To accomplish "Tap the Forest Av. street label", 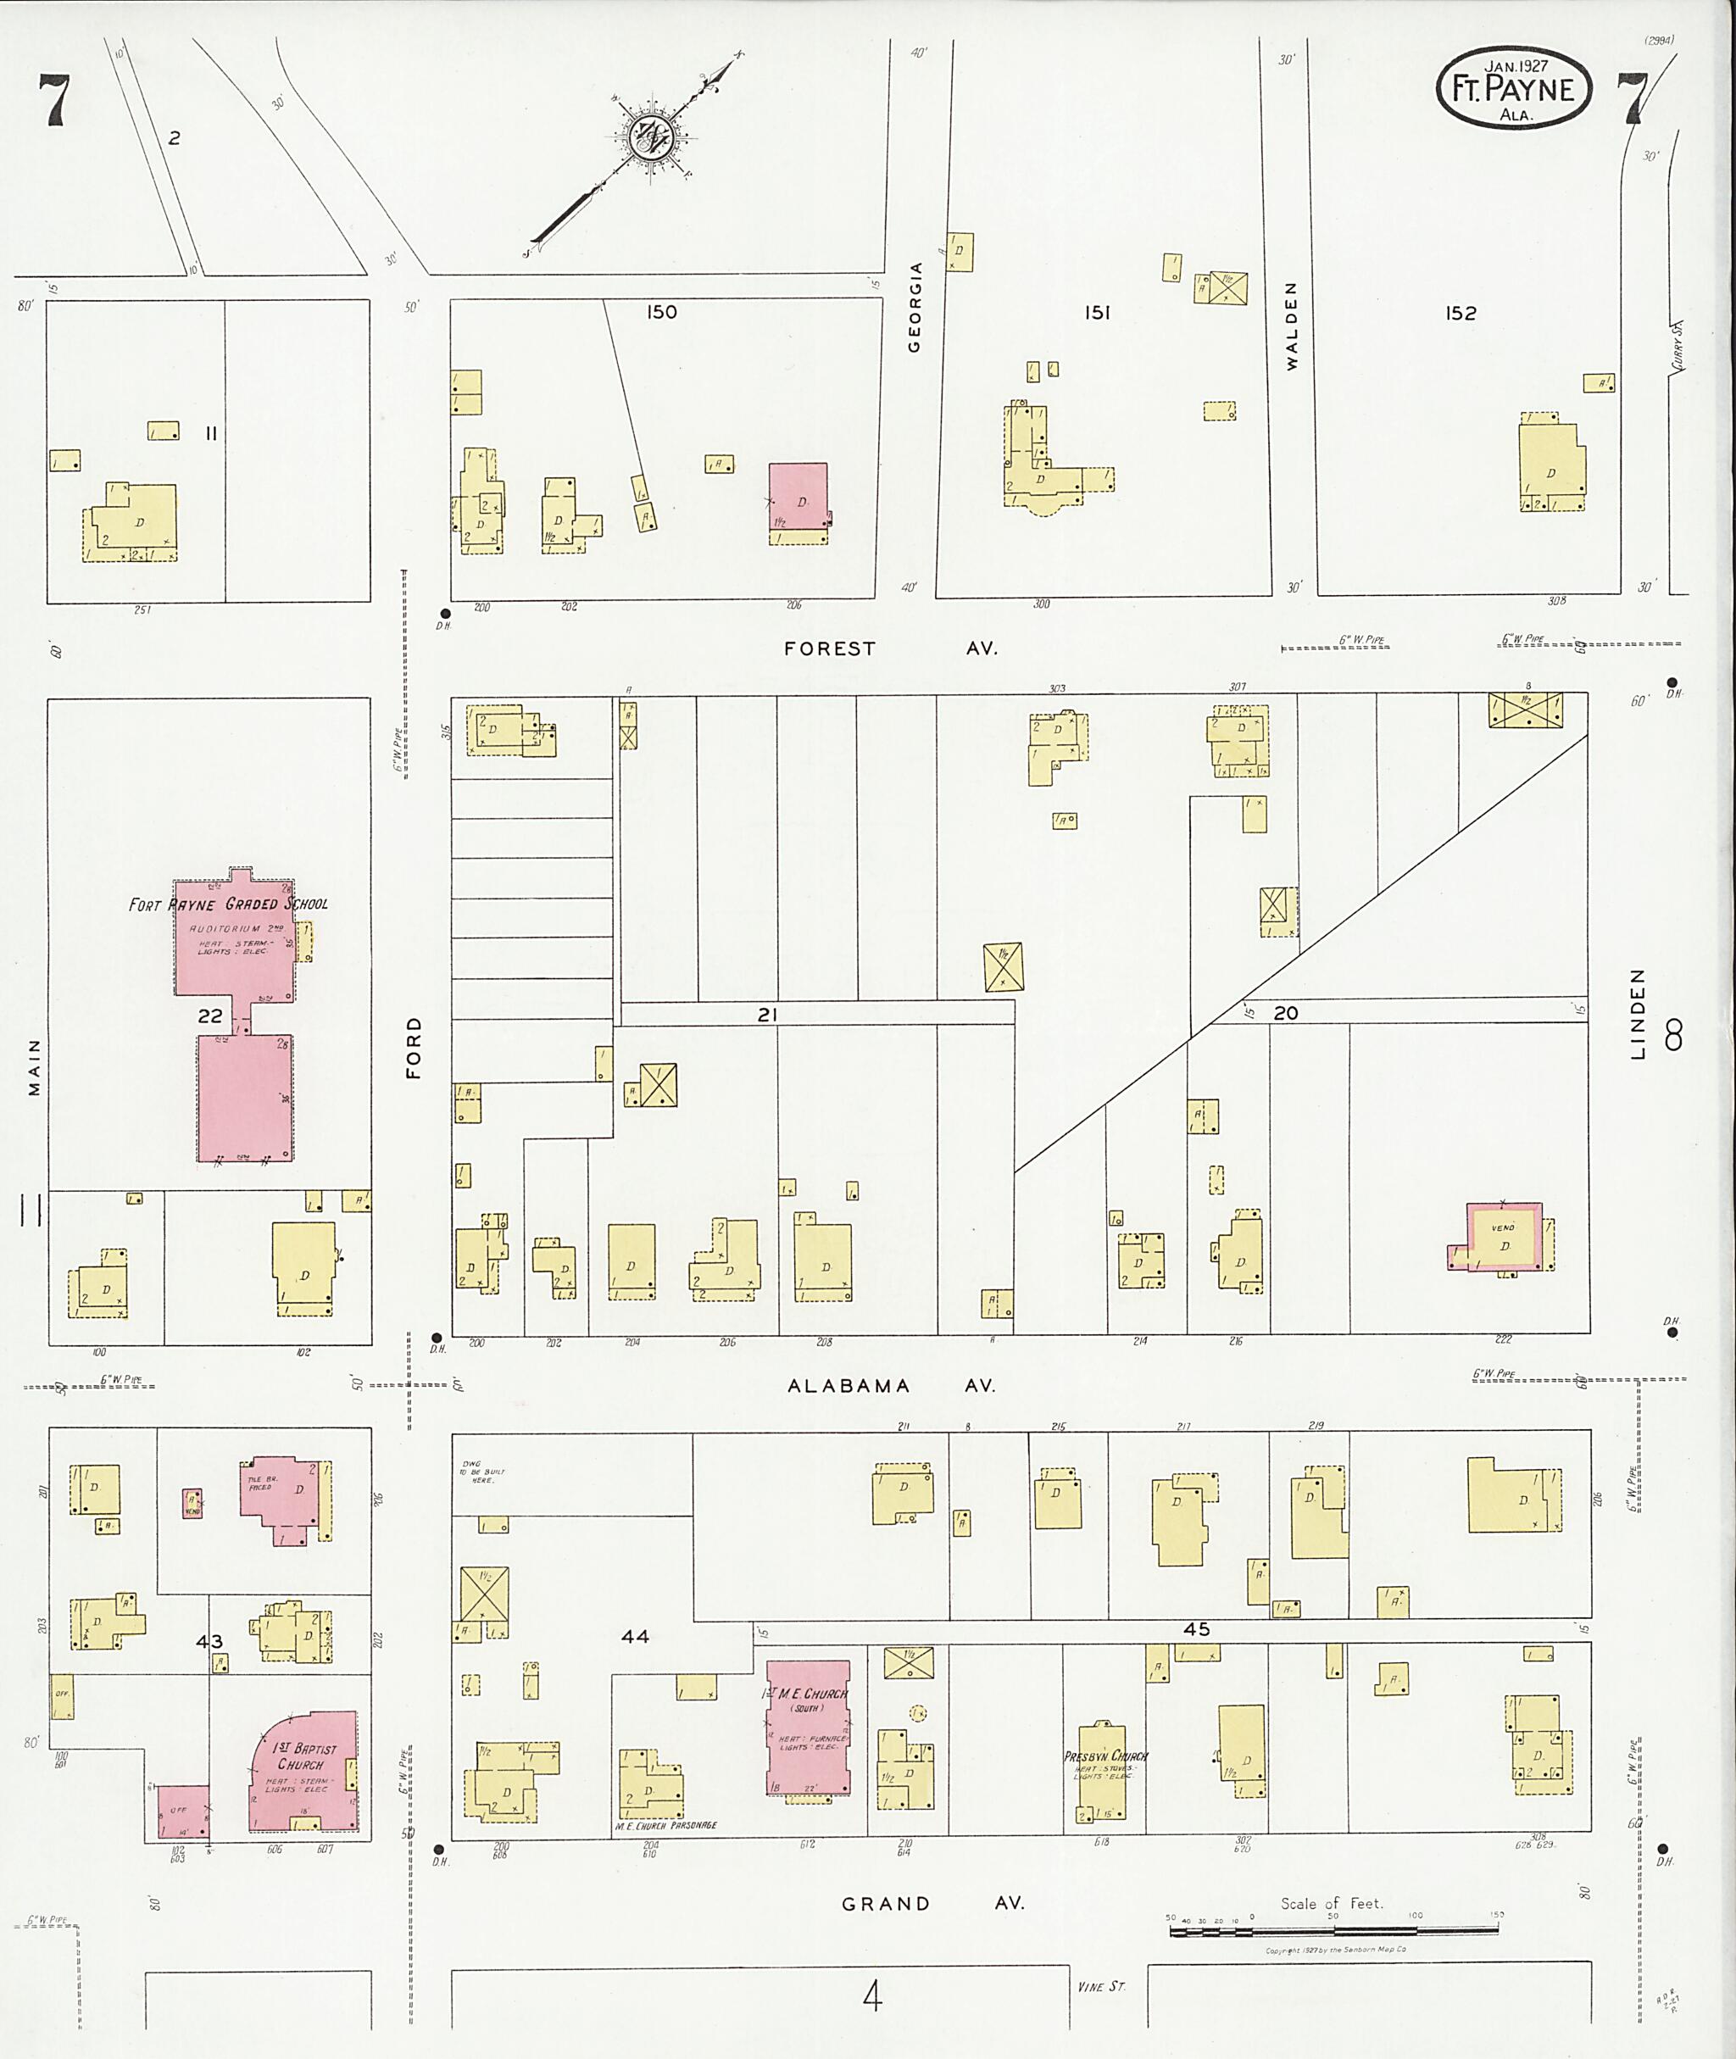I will [x=890, y=648].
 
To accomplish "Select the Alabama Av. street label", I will [x=891, y=1386].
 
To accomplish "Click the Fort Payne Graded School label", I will [x=228, y=904].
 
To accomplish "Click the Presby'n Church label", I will [x=1105, y=1756].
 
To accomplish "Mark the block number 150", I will [x=661, y=312].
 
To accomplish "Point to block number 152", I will [x=1461, y=313].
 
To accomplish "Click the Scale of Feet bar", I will [x=1333, y=1931].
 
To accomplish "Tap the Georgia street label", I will [x=915, y=306].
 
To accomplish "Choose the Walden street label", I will [x=1291, y=326].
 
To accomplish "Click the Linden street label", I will [x=1638, y=1013].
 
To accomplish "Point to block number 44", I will [x=635, y=1636].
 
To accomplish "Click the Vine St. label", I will [x=1100, y=1986].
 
